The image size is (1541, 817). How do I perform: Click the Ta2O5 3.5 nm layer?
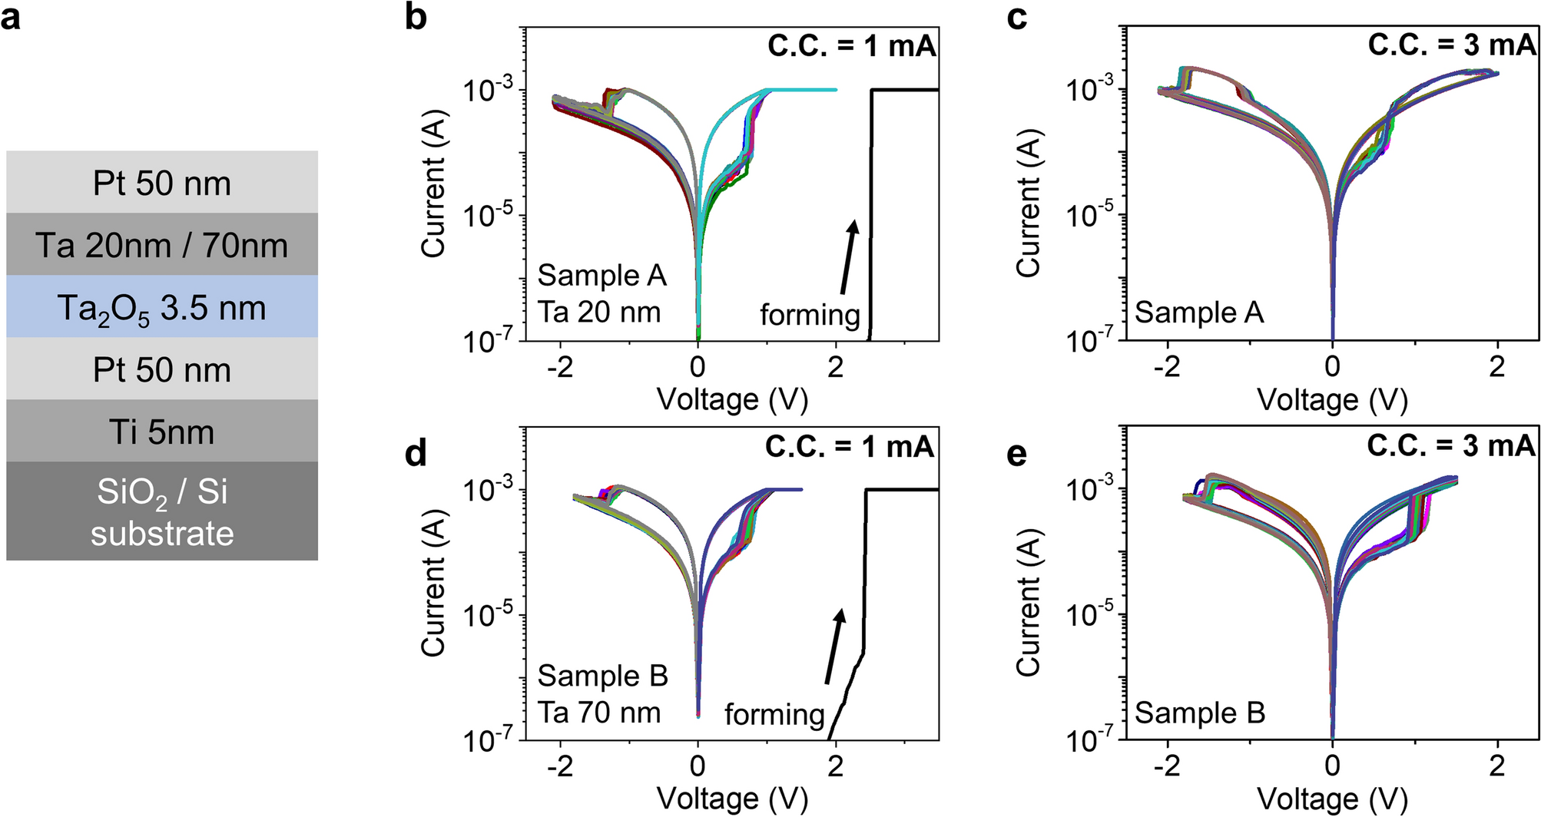click(161, 308)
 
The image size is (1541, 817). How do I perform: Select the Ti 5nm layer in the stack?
click(161, 432)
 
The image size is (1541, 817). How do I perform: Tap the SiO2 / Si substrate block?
click(161, 511)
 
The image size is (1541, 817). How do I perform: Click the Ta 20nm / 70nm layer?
click(161, 246)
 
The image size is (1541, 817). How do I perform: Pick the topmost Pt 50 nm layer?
click(161, 184)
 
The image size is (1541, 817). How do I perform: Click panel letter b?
click(416, 17)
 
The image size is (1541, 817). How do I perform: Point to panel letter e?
click(1016, 453)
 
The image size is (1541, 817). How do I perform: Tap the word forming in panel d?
click(774, 715)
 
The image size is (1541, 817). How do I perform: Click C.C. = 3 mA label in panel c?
click(1452, 45)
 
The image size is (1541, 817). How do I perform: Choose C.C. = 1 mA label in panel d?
click(849, 446)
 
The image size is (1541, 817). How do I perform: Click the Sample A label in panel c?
click(1199, 313)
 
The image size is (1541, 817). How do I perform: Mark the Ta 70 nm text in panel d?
click(598, 713)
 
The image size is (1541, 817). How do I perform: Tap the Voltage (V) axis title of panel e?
click(1332, 799)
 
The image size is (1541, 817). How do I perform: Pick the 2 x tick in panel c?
click(1496, 367)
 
